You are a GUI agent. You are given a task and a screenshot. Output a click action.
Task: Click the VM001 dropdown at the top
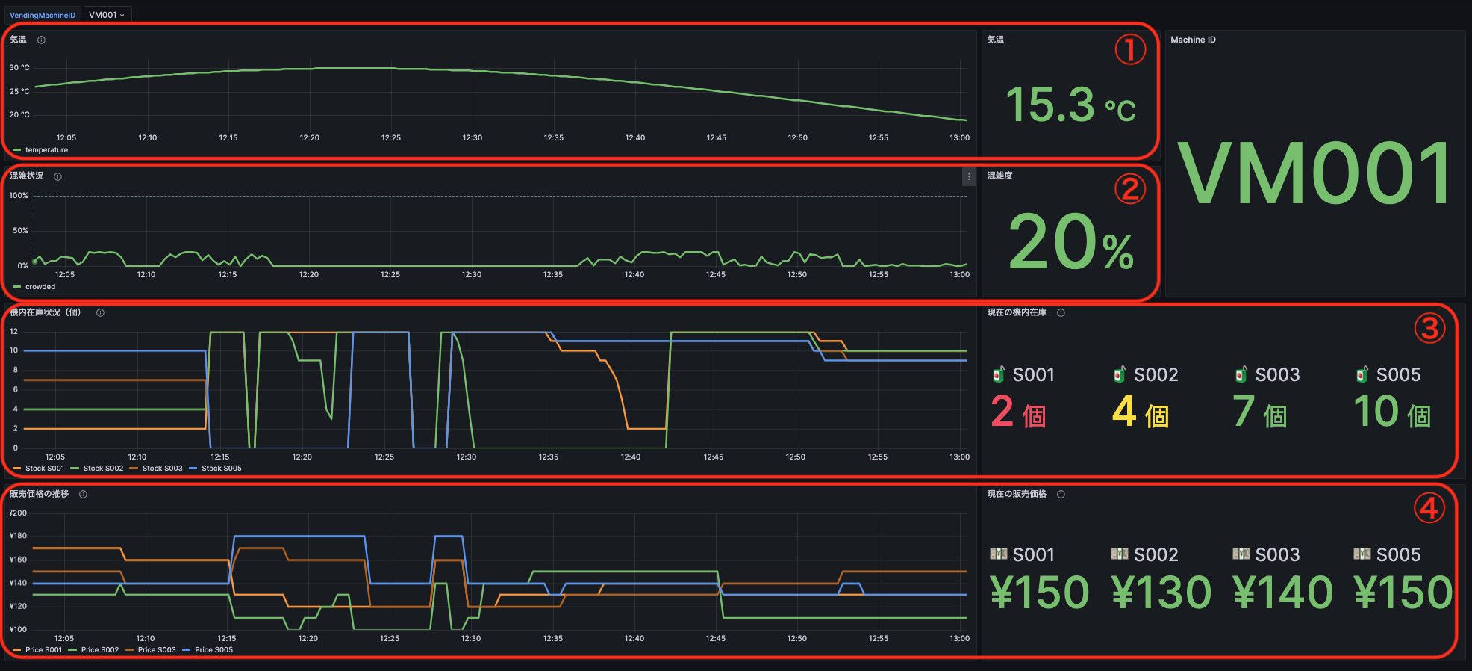[107, 15]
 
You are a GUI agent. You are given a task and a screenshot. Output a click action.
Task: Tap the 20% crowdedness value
[1070, 242]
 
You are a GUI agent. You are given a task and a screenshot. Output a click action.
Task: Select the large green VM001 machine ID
[1314, 174]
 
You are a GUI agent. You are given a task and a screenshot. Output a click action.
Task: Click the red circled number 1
[1130, 50]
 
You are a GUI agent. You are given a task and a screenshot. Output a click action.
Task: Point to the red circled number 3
[1429, 328]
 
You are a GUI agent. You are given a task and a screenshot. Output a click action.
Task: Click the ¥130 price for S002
[1161, 593]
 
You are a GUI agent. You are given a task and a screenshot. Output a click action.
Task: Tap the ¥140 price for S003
[1282, 593]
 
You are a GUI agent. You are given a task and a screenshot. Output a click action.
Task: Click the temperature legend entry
[46, 150]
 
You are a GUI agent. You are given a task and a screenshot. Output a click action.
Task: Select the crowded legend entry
[40, 287]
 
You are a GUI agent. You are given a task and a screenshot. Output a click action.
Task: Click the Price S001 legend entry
[43, 650]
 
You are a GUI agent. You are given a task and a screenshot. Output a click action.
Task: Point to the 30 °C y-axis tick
[19, 68]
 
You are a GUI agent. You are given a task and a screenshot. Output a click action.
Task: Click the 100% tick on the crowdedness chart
[19, 196]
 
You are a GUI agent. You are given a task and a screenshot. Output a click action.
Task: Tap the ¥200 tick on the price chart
[18, 513]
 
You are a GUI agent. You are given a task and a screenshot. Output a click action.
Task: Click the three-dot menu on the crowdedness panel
[969, 177]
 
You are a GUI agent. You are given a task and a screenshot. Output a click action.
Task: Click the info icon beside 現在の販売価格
[1061, 495]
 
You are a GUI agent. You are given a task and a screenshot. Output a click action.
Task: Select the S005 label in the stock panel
[1398, 375]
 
